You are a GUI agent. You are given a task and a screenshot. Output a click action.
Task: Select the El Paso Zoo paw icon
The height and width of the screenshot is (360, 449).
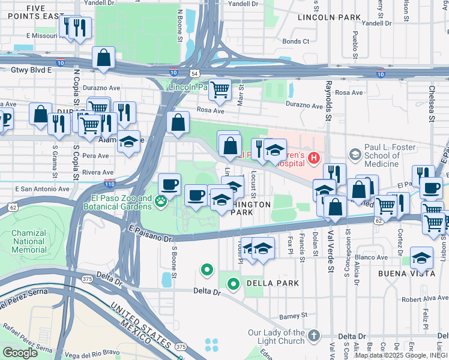click(161, 202)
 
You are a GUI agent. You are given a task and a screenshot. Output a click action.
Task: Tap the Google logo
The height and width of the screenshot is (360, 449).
click(20, 352)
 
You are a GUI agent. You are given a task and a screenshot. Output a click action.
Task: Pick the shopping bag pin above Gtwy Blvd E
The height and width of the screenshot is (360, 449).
click(104, 59)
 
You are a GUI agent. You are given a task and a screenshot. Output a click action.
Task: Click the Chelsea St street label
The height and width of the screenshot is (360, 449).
click(431, 105)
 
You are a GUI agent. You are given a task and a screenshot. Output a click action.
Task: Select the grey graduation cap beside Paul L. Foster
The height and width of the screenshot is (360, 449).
click(354, 155)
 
